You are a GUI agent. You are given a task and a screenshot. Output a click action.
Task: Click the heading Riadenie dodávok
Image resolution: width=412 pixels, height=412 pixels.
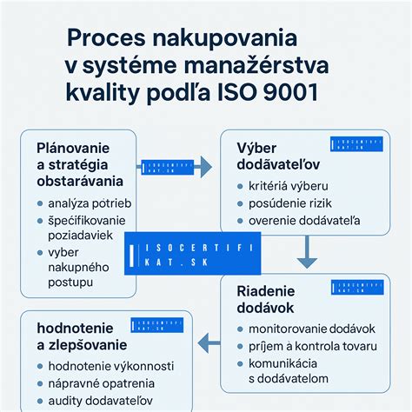click(x=267, y=299)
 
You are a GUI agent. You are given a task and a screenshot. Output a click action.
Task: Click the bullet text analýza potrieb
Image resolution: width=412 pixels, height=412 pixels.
click(x=89, y=203)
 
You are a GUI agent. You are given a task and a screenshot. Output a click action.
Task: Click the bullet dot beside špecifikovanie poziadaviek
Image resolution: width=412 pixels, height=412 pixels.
click(x=40, y=222)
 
